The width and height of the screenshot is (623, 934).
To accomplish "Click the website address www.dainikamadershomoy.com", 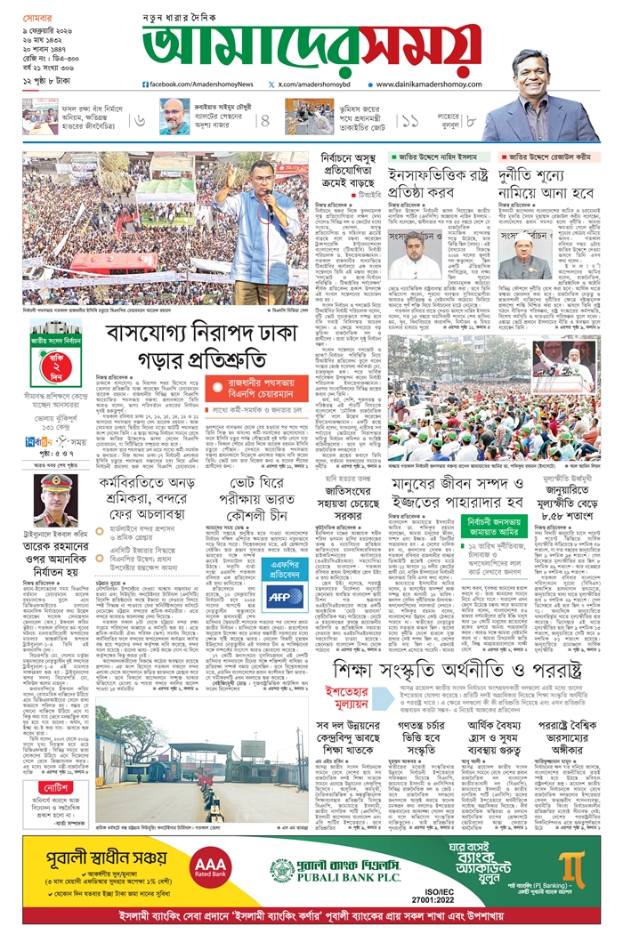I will point(426,85).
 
